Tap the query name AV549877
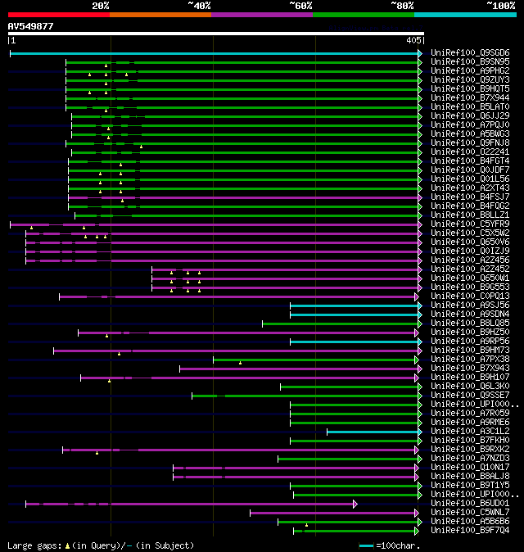30,26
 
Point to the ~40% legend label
198,6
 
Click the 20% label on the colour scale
101,6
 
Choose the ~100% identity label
500,6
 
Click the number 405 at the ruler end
413,39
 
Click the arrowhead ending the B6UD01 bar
355,504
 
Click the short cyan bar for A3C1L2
373,431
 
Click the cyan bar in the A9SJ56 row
354,305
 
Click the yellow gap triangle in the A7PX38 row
240,362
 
